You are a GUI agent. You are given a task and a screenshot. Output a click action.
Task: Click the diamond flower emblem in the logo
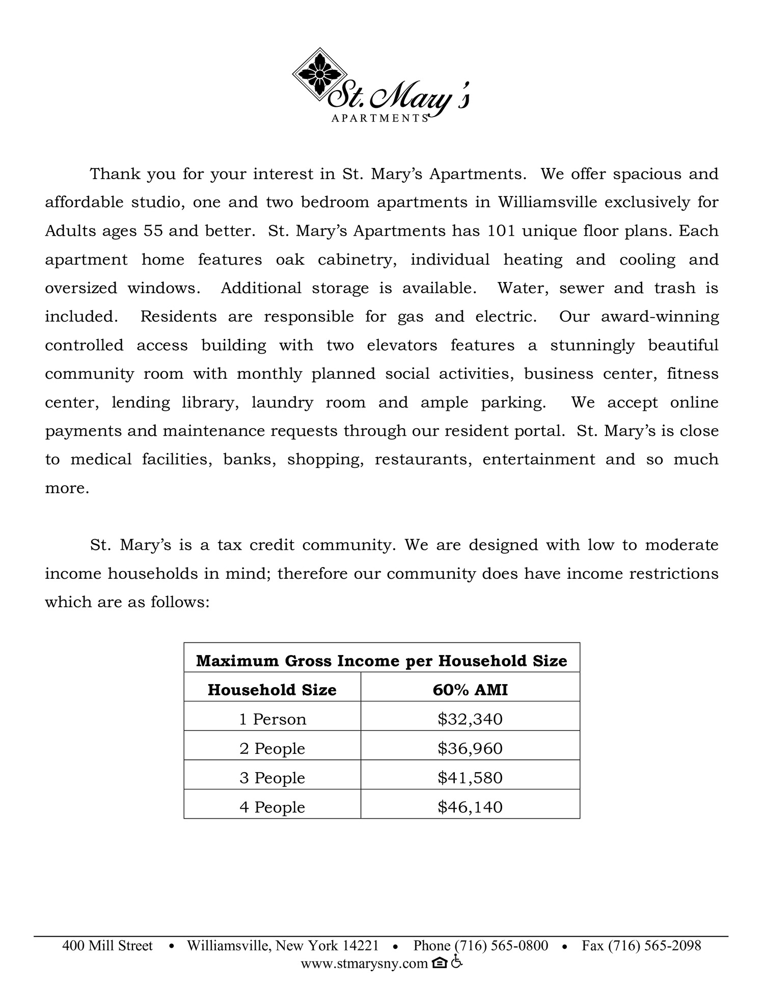click(x=319, y=74)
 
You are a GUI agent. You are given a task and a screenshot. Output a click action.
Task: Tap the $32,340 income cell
click(x=470, y=719)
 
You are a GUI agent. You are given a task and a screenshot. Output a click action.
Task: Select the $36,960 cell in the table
click(x=470, y=748)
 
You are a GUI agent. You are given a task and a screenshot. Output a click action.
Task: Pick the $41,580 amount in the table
click(x=470, y=777)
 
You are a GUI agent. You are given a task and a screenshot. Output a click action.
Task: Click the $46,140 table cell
click(x=470, y=807)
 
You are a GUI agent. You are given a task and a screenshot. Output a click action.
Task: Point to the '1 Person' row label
click(x=272, y=719)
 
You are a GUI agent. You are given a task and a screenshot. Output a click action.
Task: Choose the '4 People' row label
click(x=272, y=807)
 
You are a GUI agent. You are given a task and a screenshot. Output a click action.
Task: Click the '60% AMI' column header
click(x=470, y=690)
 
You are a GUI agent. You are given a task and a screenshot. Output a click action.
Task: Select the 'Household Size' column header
click(x=272, y=690)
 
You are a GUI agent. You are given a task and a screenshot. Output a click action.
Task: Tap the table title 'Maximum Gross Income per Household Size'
click(x=381, y=661)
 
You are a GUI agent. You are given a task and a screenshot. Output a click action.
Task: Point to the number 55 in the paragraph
click(x=153, y=231)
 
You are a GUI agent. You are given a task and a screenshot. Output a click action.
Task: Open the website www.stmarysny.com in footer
click(x=364, y=963)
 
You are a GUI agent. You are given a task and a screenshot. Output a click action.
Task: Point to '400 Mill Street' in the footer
click(x=107, y=946)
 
